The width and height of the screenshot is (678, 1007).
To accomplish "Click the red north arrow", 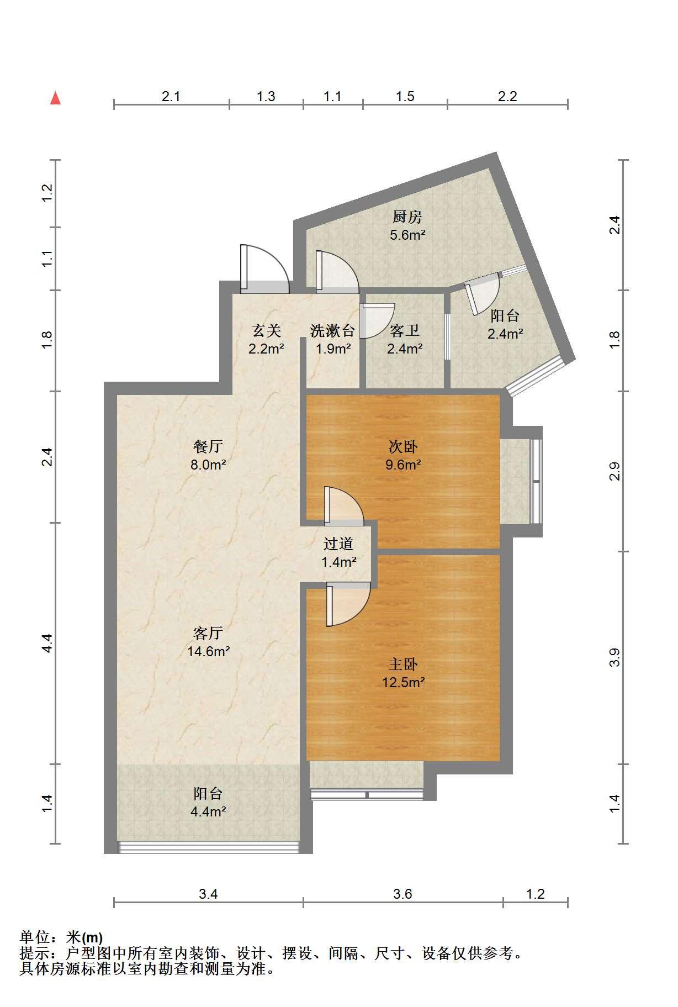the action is [55, 98].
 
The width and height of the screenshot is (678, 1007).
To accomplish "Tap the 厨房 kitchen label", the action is [407, 217].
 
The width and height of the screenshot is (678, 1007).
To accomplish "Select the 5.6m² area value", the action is [407, 235].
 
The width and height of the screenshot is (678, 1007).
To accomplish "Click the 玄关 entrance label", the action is [267, 330].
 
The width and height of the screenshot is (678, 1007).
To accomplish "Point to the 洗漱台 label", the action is [332, 330].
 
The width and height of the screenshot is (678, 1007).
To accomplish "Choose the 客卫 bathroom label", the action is [405, 330].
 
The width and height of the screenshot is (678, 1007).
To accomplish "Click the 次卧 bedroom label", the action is [403, 446].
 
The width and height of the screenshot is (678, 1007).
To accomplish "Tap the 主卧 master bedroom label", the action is [403, 664].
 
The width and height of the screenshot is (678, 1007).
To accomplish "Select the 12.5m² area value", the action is [404, 682].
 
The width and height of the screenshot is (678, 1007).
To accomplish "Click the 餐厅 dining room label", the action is [208, 446].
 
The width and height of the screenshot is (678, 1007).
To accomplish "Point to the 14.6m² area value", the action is [209, 651].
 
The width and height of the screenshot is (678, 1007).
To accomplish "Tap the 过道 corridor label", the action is [338, 544].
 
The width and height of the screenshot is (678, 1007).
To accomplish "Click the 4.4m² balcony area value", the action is [208, 811].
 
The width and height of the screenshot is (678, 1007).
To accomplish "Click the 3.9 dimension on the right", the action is [615, 657].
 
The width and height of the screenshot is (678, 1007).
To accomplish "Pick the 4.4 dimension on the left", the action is [47, 643].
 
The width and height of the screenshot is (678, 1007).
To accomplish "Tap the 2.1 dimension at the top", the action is [171, 96].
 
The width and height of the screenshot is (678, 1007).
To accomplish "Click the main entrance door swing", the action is [265, 269].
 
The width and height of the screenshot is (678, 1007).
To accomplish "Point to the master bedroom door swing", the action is [348, 605].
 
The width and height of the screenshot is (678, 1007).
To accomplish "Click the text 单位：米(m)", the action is [61, 937].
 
